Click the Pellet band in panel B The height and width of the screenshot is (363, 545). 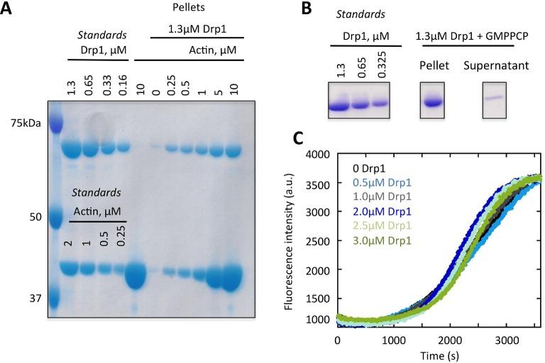click(x=433, y=102)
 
